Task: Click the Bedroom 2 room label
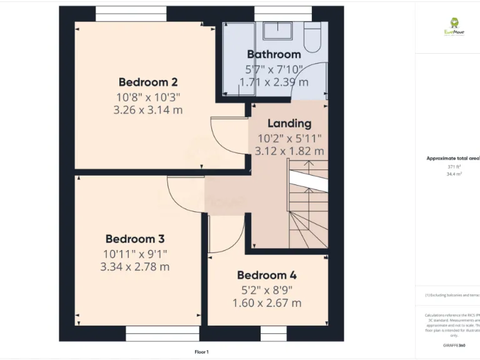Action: (x=148, y=82)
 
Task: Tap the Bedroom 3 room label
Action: (x=135, y=239)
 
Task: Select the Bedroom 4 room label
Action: (x=267, y=275)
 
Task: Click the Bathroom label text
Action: (x=274, y=54)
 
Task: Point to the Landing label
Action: (x=289, y=123)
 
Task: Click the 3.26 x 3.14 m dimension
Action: (x=148, y=110)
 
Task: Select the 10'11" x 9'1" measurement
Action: (x=135, y=254)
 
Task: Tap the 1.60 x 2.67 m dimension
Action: (x=267, y=303)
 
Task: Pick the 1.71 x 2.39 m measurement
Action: (x=274, y=82)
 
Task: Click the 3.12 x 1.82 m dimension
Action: (x=289, y=151)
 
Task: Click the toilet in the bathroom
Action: (x=312, y=38)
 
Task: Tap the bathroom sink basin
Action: (x=274, y=31)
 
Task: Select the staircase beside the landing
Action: (x=307, y=206)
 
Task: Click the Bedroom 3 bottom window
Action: (x=153, y=333)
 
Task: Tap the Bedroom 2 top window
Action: (x=131, y=14)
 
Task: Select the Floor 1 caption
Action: (x=201, y=352)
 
